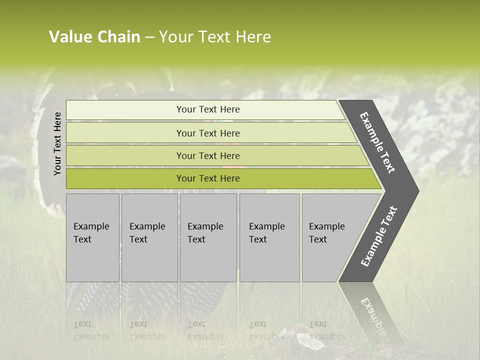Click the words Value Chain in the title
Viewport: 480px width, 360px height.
click(94, 37)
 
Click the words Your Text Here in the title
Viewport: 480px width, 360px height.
click(215, 37)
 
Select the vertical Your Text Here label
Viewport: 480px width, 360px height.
click(57, 143)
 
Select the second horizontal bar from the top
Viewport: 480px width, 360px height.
click(208, 133)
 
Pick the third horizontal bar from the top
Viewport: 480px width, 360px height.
click(208, 155)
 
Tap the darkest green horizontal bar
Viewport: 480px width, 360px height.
click(208, 178)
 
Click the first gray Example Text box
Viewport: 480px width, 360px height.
click(92, 237)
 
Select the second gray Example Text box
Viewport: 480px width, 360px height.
click(149, 237)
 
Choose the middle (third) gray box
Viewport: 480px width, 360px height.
click(208, 237)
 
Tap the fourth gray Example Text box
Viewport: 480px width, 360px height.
click(269, 237)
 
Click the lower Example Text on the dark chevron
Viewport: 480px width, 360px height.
click(379, 236)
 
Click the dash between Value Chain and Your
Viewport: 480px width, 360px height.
click(149, 37)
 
